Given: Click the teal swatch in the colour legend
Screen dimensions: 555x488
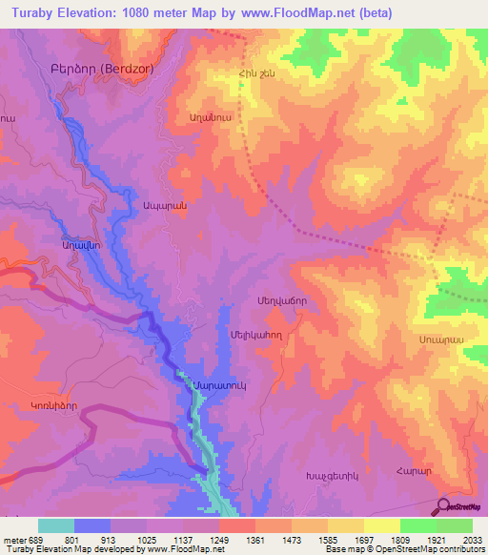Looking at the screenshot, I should [x=55, y=525].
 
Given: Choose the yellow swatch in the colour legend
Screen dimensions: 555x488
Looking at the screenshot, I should [x=381, y=525].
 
